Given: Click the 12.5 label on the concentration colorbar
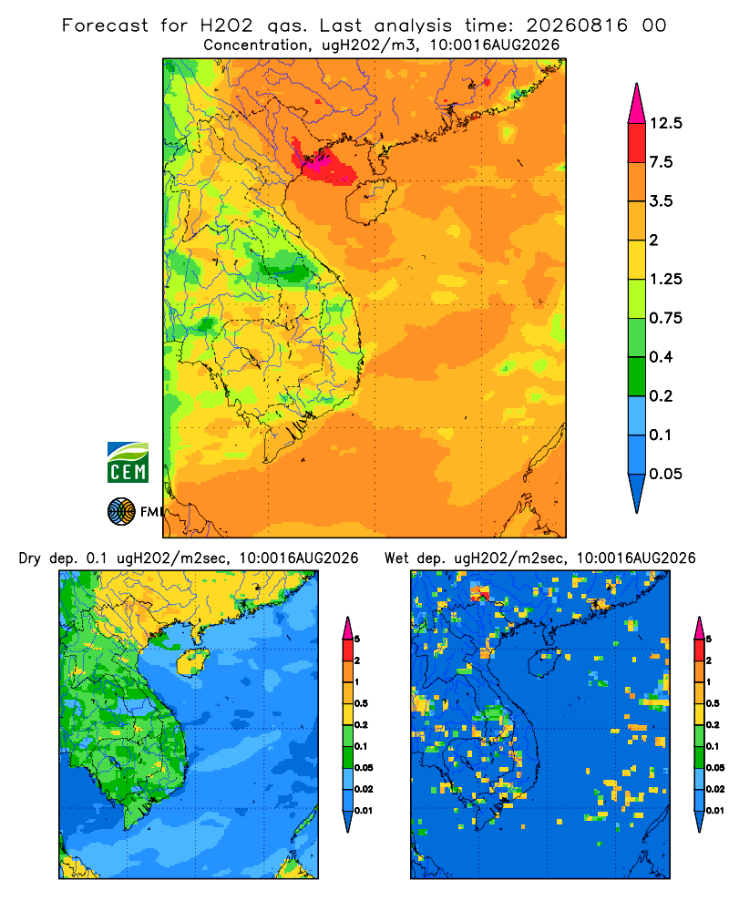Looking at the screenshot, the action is click(x=665, y=123).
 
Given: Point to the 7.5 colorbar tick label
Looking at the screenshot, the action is click(x=661, y=162).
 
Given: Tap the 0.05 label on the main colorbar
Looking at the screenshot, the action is click(x=665, y=474).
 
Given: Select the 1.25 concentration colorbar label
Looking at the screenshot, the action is click(x=665, y=279).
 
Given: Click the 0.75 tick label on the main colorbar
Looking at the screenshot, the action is click(x=665, y=318).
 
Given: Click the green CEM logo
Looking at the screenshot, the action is click(x=128, y=463).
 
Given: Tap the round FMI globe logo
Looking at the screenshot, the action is click(x=121, y=512).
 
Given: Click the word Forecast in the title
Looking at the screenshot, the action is click(x=105, y=26).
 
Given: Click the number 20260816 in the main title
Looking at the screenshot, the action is click(x=577, y=26).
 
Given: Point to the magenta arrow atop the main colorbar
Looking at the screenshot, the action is click(x=637, y=103).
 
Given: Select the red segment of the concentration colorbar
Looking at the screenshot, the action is click(x=637, y=143).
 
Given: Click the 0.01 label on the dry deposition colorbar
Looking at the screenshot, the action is click(x=364, y=811).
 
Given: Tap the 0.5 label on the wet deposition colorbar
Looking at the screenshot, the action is click(x=712, y=703).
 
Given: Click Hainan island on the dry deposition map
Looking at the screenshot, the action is click(x=192, y=661).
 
